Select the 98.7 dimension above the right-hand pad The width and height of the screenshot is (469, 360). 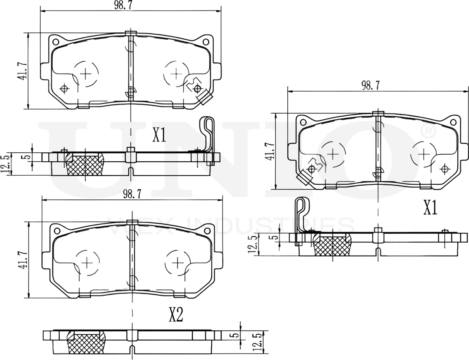370,85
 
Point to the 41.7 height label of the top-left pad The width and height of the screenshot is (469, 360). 22,71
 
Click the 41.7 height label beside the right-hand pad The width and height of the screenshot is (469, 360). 269,151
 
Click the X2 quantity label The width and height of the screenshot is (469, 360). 176,315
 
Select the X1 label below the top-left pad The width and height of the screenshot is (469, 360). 159,135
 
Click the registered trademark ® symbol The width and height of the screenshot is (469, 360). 427,131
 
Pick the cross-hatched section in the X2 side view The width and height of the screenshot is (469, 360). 87,343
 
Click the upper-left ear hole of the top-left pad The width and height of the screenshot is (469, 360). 55,42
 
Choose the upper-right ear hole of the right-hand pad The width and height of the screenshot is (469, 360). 452,122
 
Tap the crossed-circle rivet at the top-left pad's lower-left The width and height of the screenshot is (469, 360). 64,89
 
